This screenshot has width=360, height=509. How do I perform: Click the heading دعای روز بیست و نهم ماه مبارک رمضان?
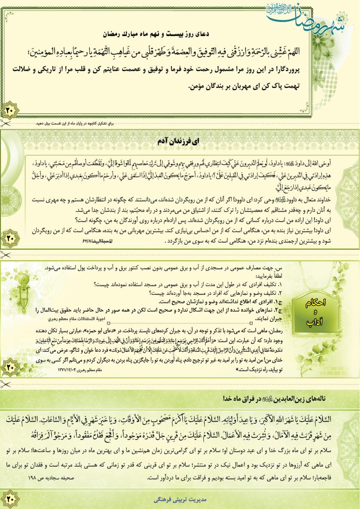[x=180, y=32]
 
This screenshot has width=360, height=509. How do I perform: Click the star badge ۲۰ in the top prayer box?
[x=9, y=111]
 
